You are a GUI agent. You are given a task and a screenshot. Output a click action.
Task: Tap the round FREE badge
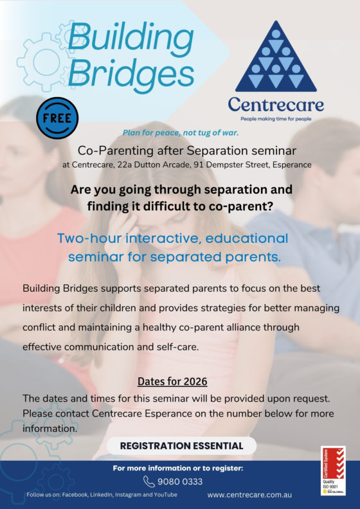click(57, 118)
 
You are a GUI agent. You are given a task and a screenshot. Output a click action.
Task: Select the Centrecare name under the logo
click(276, 104)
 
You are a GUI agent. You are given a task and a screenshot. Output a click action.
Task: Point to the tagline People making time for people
click(276, 119)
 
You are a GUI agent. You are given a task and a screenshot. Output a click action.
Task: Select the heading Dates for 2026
click(173, 381)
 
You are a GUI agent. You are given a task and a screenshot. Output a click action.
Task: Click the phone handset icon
click(149, 481)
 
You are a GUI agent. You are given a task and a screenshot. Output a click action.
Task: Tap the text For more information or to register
click(178, 468)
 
